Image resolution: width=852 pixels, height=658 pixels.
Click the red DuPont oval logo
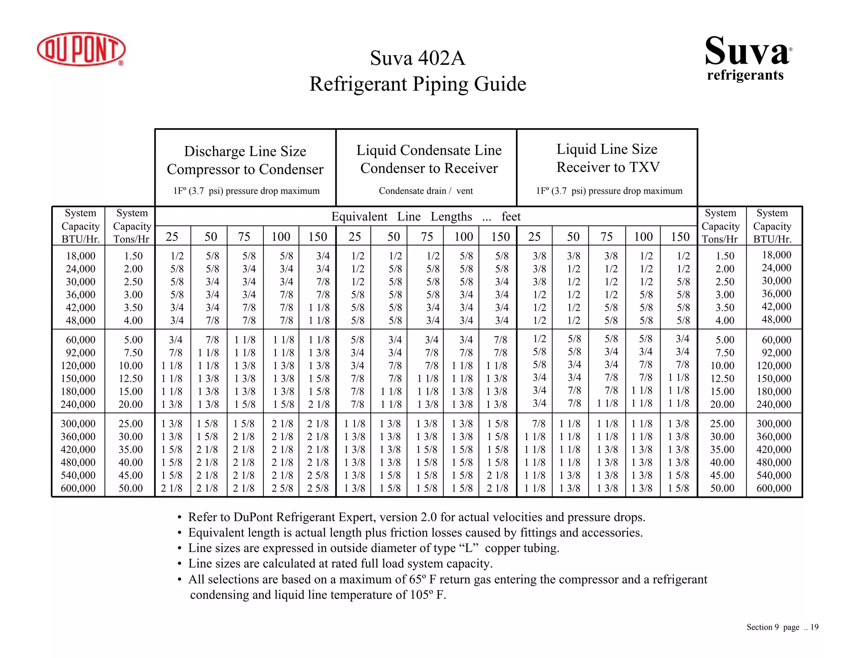pos(81,49)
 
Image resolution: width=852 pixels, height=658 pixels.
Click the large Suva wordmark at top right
pos(747,52)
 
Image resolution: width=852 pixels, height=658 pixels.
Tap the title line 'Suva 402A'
pos(418,58)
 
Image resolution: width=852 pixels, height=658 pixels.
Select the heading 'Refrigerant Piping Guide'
pos(418,84)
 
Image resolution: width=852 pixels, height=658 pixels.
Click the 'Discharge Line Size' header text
pos(245,151)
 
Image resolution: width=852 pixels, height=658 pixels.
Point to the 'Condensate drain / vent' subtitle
pos(426,191)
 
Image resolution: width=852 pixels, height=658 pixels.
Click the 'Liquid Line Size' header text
pos(607,149)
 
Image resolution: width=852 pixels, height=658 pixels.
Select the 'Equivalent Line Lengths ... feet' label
pos(426,217)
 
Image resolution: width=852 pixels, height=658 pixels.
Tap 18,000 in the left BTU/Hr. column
pos(81,256)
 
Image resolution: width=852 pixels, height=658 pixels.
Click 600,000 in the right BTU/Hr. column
pos(773,488)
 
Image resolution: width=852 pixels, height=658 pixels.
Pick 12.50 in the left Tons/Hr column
pos(131,378)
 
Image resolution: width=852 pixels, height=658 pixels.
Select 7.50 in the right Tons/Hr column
pos(725,353)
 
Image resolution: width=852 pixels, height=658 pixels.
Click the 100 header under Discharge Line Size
pos(281,237)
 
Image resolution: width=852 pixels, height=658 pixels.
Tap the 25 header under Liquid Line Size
pos(534,237)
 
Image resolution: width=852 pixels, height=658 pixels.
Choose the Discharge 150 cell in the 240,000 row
pos(318,404)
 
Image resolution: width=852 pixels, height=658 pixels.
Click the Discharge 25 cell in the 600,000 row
pos(172,488)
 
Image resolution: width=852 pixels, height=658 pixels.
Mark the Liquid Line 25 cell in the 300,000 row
pos(539,423)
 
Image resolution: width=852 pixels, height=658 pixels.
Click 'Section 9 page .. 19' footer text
pos(782,627)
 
